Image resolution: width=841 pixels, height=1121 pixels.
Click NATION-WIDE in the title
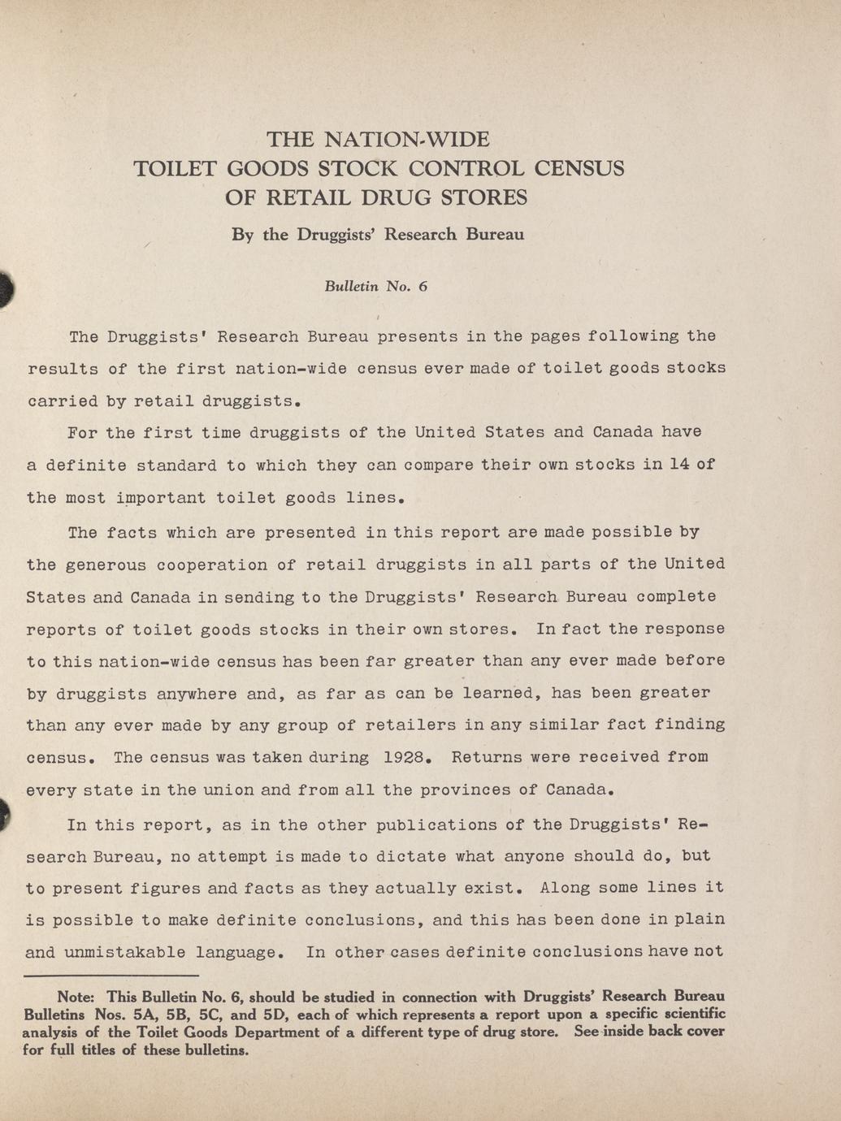point(407,140)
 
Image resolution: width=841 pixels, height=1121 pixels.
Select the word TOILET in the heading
point(174,169)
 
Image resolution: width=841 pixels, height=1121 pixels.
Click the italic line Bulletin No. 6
point(375,286)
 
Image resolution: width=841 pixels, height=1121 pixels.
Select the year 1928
point(404,757)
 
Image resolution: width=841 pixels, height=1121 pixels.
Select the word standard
point(176,465)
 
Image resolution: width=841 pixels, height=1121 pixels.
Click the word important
point(158,498)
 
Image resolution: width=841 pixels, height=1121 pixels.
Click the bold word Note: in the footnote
point(76,996)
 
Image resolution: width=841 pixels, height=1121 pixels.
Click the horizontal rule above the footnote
point(111,975)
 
